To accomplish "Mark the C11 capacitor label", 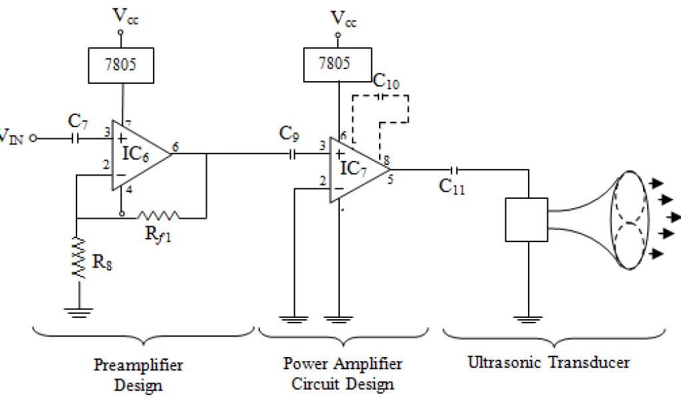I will point(452,187).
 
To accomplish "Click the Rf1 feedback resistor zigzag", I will point(158,215).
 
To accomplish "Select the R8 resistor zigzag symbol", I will point(78,258).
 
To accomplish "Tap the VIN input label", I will point(12,138).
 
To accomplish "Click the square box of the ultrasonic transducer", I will point(526,219).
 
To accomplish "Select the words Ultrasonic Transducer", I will point(549,363).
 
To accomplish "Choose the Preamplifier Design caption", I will point(138,374).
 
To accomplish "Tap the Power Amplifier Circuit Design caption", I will point(342,374).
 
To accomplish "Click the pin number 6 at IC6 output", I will point(175,147).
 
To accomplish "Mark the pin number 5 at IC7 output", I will point(390,178).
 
